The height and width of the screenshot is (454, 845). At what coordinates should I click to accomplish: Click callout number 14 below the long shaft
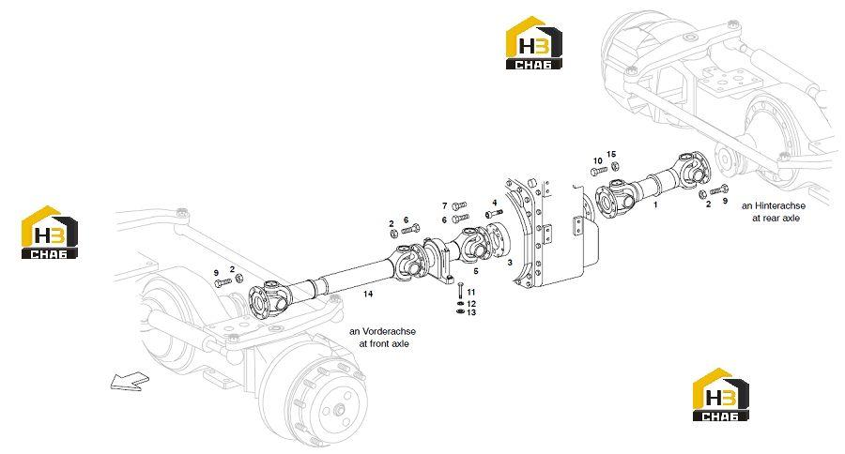tap(367, 294)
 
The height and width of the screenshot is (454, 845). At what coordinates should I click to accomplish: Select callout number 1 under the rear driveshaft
tap(655, 204)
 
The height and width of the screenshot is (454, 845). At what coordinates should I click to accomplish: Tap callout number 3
tap(510, 263)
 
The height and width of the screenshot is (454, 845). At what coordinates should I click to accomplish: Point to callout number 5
tap(475, 271)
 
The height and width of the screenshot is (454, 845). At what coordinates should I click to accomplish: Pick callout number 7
tap(445, 205)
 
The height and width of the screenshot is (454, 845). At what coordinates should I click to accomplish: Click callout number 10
tap(598, 161)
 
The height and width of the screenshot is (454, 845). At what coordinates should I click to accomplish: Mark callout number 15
tap(611, 154)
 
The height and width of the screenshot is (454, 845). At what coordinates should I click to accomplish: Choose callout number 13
tap(471, 312)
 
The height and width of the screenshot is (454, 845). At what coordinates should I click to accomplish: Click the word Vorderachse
tap(389, 331)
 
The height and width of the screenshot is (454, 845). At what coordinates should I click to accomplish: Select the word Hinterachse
tap(780, 205)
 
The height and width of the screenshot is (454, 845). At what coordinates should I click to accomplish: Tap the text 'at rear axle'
tap(776, 219)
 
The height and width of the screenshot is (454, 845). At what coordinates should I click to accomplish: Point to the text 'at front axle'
tap(384, 343)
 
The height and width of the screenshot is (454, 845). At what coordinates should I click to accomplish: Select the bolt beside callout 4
tap(494, 214)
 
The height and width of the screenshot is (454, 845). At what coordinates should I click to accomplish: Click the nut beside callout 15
tap(615, 165)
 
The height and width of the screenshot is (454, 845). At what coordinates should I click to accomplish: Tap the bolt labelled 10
tap(599, 172)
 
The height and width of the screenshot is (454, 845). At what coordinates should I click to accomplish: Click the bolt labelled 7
tap(459, 205)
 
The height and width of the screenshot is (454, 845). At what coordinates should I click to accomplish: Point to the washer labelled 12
tap(460, 304)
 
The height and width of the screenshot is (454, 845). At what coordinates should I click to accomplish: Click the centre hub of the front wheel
tap(340, 410)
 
